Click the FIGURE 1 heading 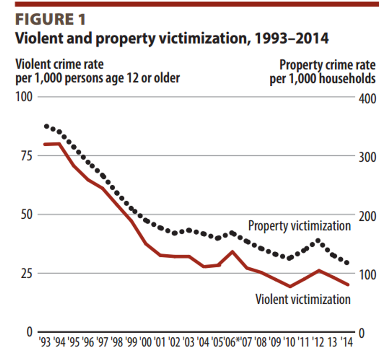(x=50, y=19)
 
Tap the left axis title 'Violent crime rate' (x=62, y=64)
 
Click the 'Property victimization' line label (x=299, y=225)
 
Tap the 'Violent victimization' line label (x=303, y=299)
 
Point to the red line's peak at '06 (x=233, y=251)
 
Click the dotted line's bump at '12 (x=318, y=240)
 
